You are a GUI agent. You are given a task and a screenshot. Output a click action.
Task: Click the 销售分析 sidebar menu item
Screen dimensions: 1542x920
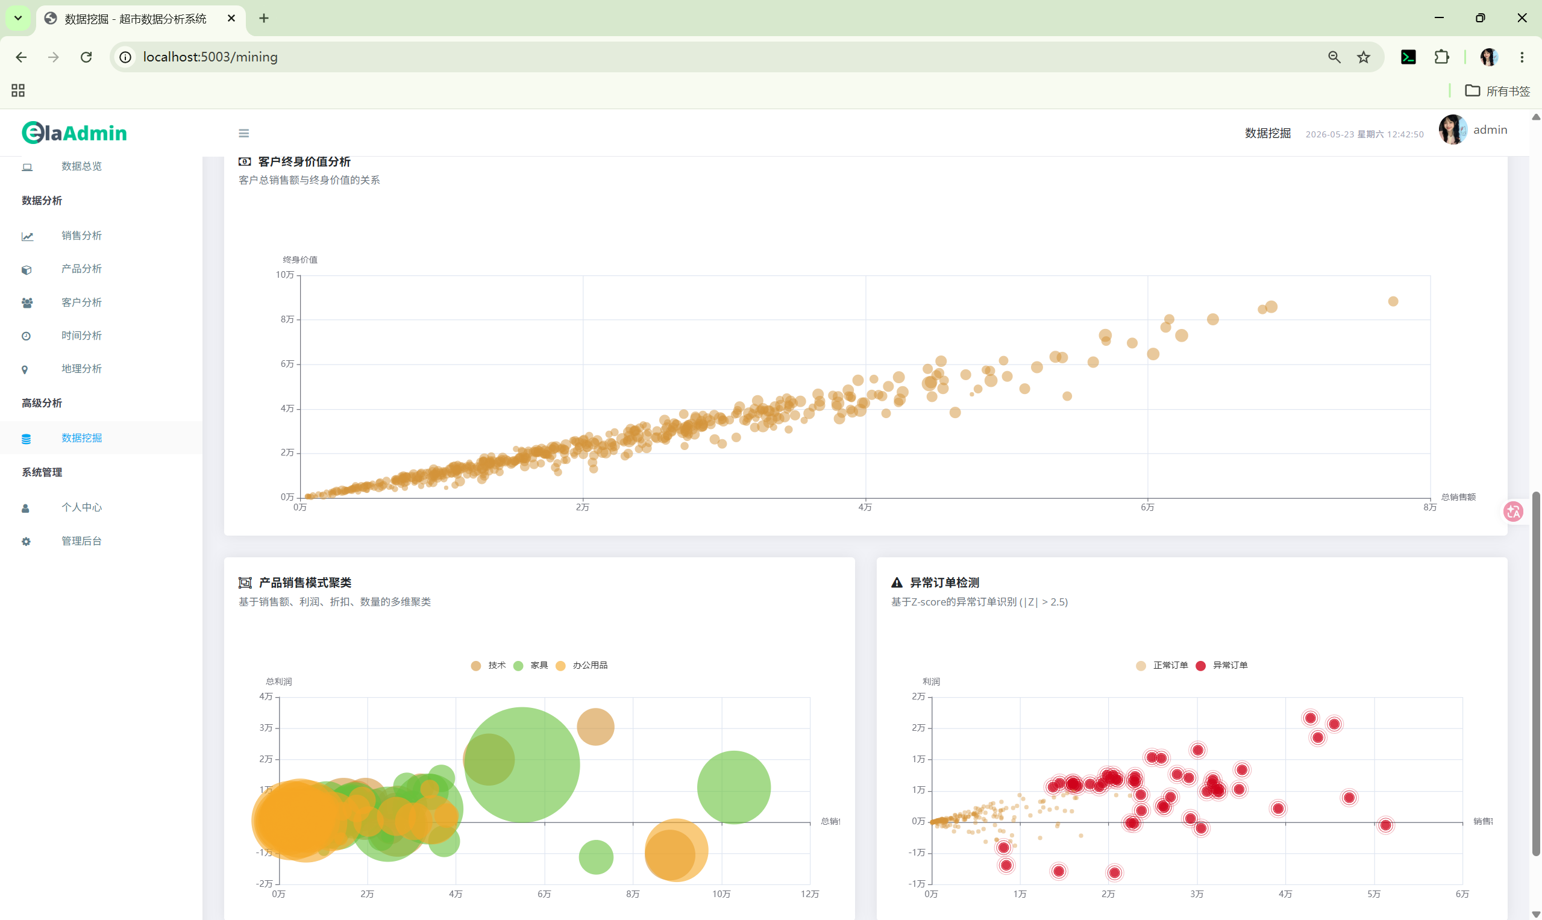(x=81, y=236)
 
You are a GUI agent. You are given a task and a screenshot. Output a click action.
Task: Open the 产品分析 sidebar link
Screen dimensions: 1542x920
(x=81, y=269)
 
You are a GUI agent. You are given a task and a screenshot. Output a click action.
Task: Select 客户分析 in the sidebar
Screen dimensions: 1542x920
(x=81, y=302)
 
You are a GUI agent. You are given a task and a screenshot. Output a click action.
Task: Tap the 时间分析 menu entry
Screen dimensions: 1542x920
(x=81, y=336)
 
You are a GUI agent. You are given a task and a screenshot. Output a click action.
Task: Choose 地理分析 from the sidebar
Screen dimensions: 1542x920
(x=81, y=369)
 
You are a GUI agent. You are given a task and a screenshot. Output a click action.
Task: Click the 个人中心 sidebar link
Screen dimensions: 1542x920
(x=81, y=507)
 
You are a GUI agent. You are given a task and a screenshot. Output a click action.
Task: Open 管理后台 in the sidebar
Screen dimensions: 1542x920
(x=81, y=541)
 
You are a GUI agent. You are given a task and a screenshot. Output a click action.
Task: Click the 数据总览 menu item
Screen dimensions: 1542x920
(x=81, y=166)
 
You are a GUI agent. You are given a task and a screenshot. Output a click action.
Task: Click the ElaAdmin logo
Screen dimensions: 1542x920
(x=74, y=133)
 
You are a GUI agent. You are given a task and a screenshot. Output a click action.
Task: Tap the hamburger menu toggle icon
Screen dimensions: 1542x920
(x=243, y=133)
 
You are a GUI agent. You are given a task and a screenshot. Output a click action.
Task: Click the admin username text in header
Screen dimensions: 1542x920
(x=1490, y=130)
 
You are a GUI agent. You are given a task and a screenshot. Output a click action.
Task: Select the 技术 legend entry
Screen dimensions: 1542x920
(x=489, y=665)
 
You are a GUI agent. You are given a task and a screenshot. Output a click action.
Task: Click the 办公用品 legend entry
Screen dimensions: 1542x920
(x=582, y=665)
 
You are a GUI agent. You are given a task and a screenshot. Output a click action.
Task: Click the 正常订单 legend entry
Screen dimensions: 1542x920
(x=1162, y=665)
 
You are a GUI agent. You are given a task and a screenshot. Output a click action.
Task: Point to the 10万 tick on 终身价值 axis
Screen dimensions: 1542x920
(x=285, y=275)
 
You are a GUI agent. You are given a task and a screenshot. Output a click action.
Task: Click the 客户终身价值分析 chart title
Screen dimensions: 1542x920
(x=304, y=162)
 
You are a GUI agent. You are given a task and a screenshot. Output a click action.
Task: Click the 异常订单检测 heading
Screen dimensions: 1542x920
(x=944, y=583)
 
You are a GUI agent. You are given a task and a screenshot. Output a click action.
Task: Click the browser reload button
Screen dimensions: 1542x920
(x=86, y=57)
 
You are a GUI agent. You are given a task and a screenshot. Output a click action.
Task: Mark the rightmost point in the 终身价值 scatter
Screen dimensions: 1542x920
(x=1393, y=301)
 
